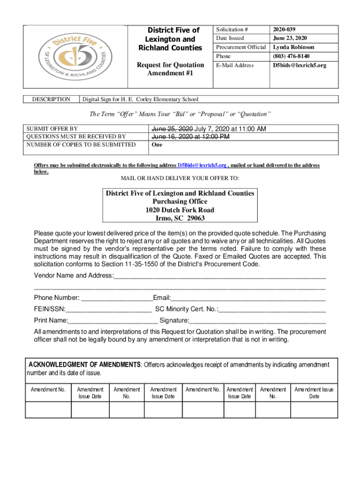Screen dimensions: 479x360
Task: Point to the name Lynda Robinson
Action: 294,47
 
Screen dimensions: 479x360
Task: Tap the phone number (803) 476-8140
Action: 291,56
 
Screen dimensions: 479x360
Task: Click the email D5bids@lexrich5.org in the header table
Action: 300,65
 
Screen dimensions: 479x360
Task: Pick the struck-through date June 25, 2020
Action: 172,129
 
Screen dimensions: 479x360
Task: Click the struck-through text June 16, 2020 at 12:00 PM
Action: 190,137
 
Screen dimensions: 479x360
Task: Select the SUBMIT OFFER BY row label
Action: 52,129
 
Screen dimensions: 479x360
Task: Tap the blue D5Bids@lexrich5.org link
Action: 202,166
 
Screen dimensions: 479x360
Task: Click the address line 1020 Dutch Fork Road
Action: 180,210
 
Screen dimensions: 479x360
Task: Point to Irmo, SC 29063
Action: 180,218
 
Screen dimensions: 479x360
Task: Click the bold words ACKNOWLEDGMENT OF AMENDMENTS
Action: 85,365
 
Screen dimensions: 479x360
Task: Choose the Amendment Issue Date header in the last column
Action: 314,393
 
